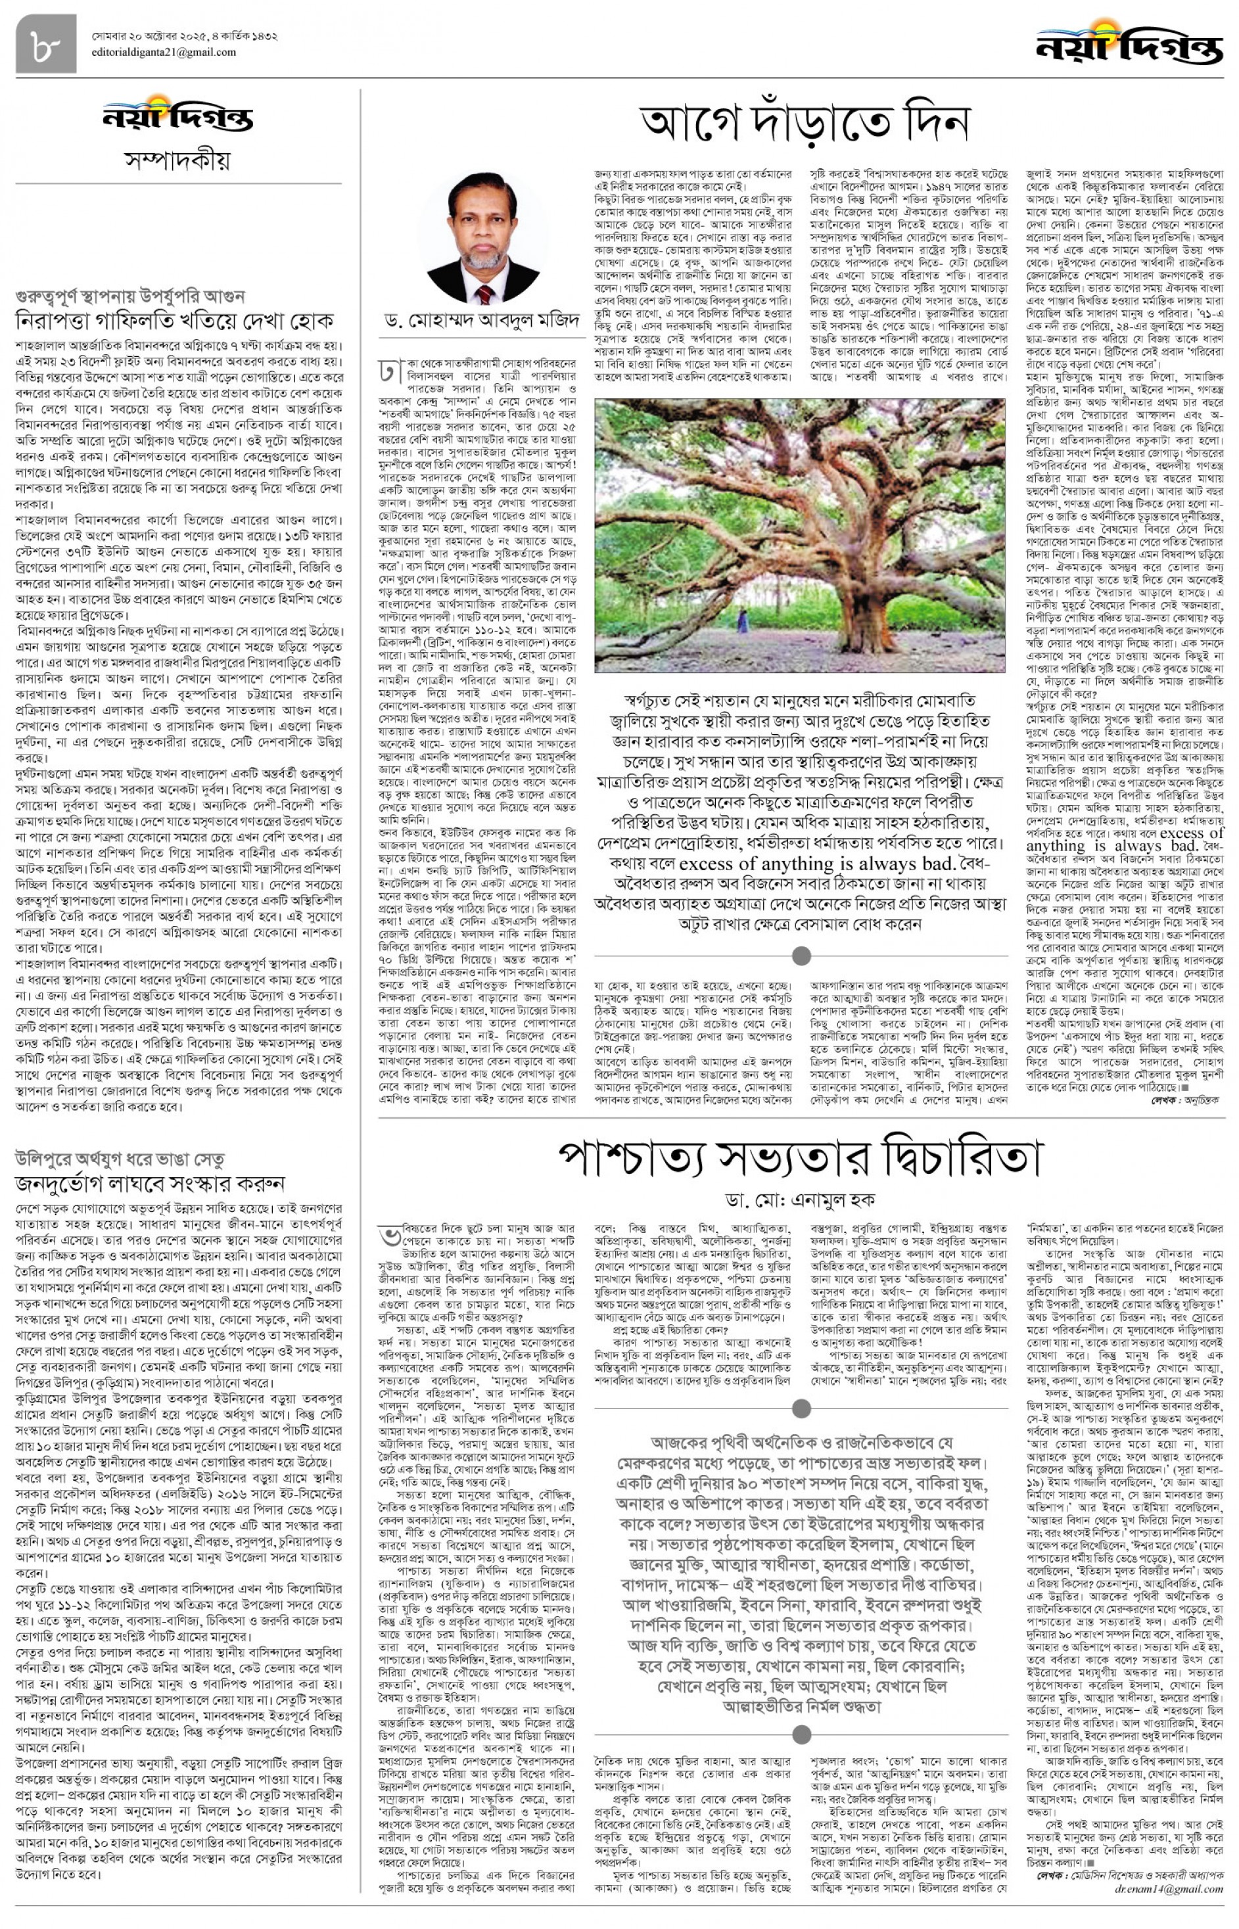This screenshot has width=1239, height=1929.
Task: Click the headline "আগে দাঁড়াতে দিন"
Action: [805, 123]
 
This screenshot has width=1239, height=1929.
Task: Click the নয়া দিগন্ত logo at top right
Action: [1128, 43]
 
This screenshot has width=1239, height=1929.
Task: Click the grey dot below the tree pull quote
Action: [801, 956]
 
